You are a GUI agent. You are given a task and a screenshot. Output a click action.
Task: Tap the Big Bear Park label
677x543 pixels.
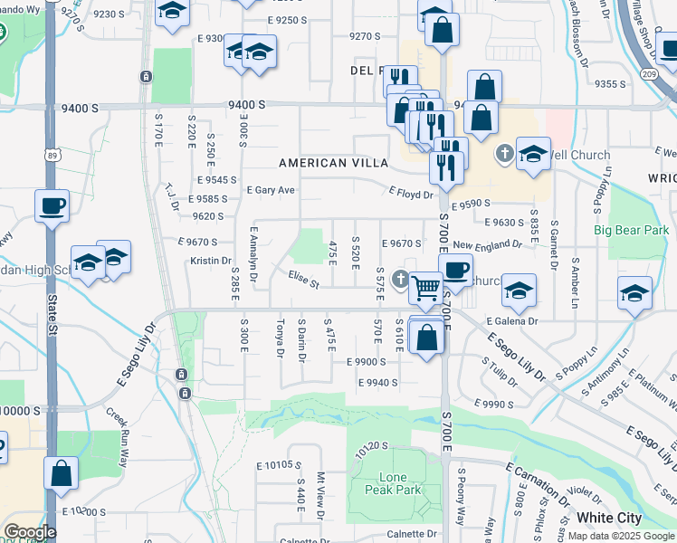point(631,230)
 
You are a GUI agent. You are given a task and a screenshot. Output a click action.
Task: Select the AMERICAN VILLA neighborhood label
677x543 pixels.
point(333,163)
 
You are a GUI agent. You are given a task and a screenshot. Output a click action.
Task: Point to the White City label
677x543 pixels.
point(609,518)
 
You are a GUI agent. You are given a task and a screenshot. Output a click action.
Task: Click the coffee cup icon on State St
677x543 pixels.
point(52,205)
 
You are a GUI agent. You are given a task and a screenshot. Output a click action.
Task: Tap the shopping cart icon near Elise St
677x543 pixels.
point(425,289)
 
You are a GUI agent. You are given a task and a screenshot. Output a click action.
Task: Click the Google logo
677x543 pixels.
point(30,532)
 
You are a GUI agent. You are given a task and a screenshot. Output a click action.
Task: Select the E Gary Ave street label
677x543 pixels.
point(271,190)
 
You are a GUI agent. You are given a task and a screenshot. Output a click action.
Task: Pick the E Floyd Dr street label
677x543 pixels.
point(411,193)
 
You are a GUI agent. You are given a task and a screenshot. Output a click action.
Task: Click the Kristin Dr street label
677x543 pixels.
point(210,261)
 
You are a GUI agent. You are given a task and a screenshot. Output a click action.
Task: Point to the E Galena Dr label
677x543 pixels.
point(512,320)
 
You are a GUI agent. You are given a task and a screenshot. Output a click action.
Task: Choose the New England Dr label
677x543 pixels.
point(488,244)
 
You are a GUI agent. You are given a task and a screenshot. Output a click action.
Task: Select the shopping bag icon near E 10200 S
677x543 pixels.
point(61,472)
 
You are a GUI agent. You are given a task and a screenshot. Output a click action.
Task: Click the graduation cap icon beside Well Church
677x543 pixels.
point(534,154)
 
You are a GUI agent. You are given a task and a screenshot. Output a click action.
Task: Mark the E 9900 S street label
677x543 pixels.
point(366,361)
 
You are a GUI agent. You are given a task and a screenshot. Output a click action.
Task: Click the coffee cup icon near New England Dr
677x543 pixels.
point(455,269)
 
